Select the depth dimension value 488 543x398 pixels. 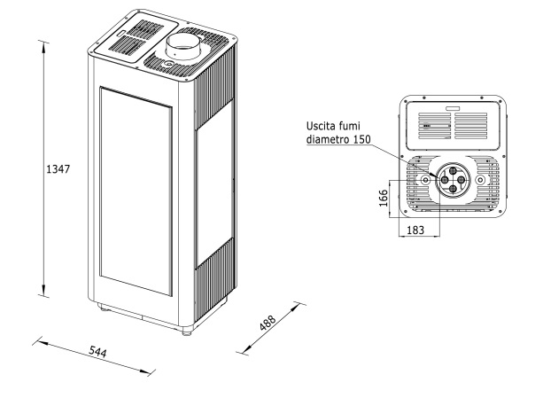266,323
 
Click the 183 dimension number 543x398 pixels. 415,230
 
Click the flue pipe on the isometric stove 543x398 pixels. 183,46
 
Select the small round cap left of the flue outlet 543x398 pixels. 425,180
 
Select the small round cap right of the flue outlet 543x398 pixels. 481,180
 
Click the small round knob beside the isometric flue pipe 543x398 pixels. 165,64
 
